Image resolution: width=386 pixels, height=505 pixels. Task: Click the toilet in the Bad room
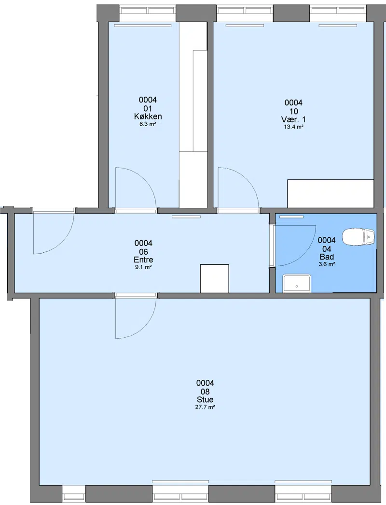tap(358, 237)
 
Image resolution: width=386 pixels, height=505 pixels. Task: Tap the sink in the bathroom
tap(297, 283)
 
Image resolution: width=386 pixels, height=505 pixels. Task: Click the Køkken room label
tap(148, 116)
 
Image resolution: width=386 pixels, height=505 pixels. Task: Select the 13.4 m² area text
tap(294, 127)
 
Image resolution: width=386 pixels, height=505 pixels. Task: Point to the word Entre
tap(143, 260)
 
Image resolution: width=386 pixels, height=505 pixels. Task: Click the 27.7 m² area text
tap(205, 407)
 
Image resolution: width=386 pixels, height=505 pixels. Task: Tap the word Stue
tap(205, 399)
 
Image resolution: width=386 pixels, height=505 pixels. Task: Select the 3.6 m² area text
tap(327, 264)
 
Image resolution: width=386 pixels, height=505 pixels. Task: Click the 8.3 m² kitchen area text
tap(148, 124)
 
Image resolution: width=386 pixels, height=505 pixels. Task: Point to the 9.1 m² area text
tap(143, 267)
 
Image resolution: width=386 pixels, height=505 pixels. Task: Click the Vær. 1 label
tap(294, 119)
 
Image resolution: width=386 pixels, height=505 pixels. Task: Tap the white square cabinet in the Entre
tap(215, 278)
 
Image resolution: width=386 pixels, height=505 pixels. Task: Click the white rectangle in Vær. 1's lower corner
tap(331, 194)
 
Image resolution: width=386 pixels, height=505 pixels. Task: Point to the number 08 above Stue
tap(205, 391)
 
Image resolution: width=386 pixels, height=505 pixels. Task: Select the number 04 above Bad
tap(327, 249)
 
